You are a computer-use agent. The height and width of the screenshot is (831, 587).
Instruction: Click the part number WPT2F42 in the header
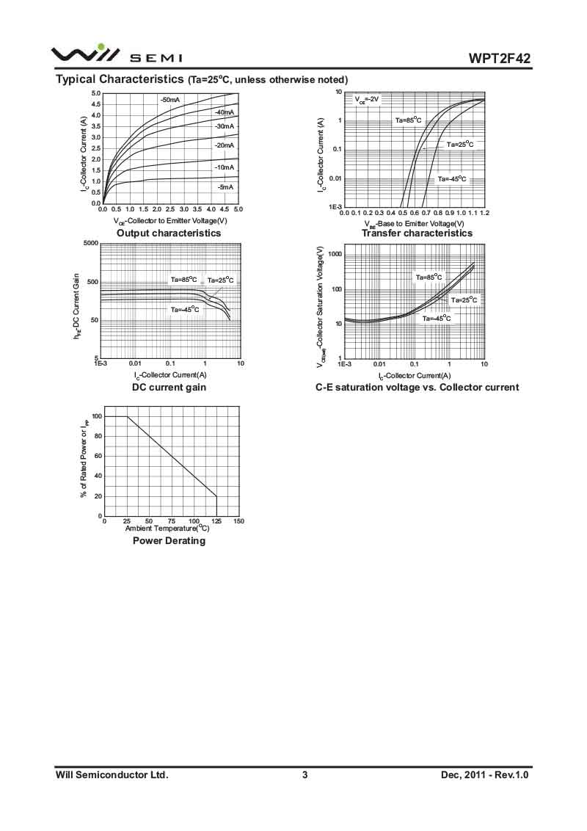[x=500, y=59]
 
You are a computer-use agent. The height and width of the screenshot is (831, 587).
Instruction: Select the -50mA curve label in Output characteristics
[x=170, y=99]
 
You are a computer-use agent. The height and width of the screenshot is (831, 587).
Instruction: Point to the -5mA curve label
[x=225, y=187]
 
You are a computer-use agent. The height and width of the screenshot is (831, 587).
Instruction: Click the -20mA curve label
[x=224, y=145]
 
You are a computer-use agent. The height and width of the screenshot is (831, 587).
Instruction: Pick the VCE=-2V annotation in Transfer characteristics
[x=367, y=98]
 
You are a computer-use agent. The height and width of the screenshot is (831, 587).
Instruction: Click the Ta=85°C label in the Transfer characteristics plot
[x=408, y=120]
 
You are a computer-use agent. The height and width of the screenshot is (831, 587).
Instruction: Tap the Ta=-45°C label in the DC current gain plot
[x=185, y=309]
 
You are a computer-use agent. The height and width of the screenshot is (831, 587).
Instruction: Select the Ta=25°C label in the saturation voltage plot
[x=464, y=300]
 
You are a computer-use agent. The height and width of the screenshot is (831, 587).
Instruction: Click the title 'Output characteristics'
[x=169, y=233]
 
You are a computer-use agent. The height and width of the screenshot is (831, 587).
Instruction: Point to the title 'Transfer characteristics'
[x=417, y=233]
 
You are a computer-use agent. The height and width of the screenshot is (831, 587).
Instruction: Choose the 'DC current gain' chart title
[x=169, y=387]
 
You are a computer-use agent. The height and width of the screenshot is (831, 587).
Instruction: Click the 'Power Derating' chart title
[x=169, y=540]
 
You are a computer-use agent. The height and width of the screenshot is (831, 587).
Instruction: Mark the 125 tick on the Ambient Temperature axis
[x=216, y=521]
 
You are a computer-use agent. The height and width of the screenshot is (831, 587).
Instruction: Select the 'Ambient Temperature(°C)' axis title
[x=167, y=528]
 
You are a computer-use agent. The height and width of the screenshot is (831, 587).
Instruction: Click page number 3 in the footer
[x=305, y=774]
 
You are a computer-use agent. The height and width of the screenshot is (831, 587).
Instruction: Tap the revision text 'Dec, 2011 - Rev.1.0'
[x=485, y=774]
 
